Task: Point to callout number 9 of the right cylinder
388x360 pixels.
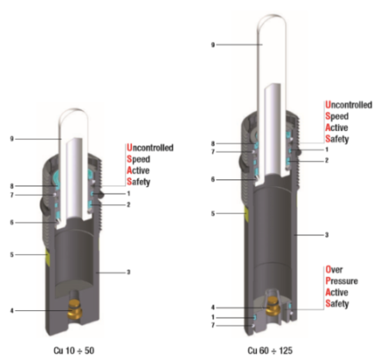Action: tap(214, 46)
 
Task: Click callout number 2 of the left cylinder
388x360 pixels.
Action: tap(128, 204)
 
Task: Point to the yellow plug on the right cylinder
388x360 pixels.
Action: tap(246, 211)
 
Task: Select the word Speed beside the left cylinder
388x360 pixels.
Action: tap(141, 159)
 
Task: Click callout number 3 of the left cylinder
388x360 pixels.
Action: tap(128, 273)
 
